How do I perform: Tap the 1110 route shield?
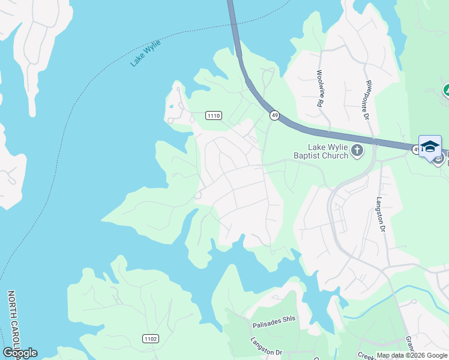tap(214, 115)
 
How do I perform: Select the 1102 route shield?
tap(151, 339)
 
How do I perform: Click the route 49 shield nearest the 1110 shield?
tap(274, 115)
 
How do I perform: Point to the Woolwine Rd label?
tap(319, 88)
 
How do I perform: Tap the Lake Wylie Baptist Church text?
tap(328, 151)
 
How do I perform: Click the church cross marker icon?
tap(358, 150)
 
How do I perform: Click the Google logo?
tap(20, 353)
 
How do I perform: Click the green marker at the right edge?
tap(447, 91)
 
